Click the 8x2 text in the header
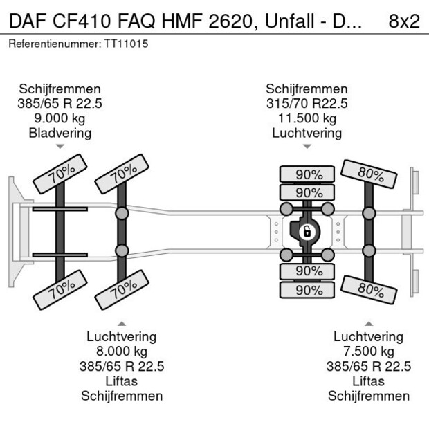click(404, 21)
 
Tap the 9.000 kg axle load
click(60, 118)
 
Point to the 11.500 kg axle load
click(307, 118)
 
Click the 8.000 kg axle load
click(121, 352)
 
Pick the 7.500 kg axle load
click(368, 352)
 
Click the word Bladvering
click(60, 133)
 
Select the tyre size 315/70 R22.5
click(307, 104)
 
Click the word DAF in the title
click(26, 21)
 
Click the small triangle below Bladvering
click(60, 147)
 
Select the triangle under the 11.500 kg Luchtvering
click(307, 147)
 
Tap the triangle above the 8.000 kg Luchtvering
click(121, 323)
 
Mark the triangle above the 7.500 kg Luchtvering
click(368, 323)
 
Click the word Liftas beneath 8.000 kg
click(121, 381)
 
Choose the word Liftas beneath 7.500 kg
click(368, 381)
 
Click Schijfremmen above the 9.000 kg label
click(60, 89)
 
